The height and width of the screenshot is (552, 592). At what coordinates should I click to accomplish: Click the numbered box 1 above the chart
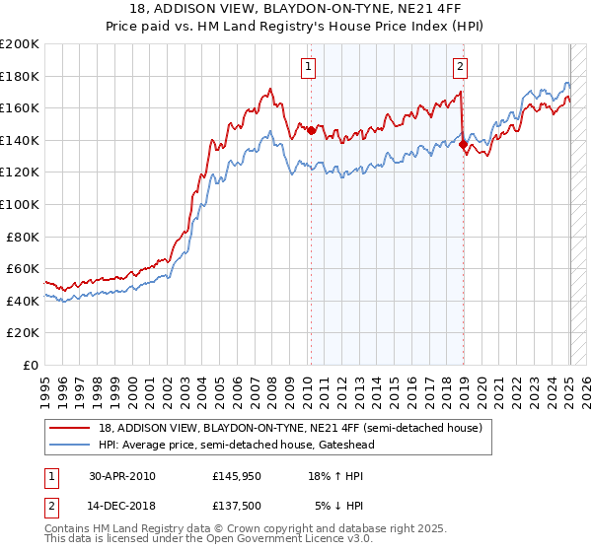pos(309,67)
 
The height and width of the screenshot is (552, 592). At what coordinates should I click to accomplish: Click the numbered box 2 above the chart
pos(461,67)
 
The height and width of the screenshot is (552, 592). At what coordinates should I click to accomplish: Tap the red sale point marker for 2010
pos(311,130)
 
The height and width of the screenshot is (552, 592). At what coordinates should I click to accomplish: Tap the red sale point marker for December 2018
pos(464,144)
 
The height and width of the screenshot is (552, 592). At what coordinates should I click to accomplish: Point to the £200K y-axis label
pos(20,43)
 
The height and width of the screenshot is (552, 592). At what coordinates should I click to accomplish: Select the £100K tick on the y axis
pos(20,204)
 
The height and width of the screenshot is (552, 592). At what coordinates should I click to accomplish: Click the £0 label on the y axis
pos(31,365)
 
